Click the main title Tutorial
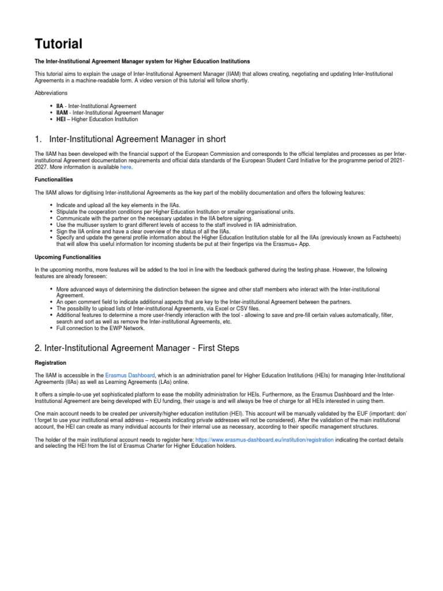point(59,44)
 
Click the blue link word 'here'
point(126,167)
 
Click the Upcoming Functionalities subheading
point(68,256)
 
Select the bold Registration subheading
point(51,362)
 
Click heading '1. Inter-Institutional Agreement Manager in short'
point(130,139)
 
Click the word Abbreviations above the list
point(51,92)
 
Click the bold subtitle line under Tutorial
point(142,61)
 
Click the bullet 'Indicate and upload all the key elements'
point(118,205)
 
